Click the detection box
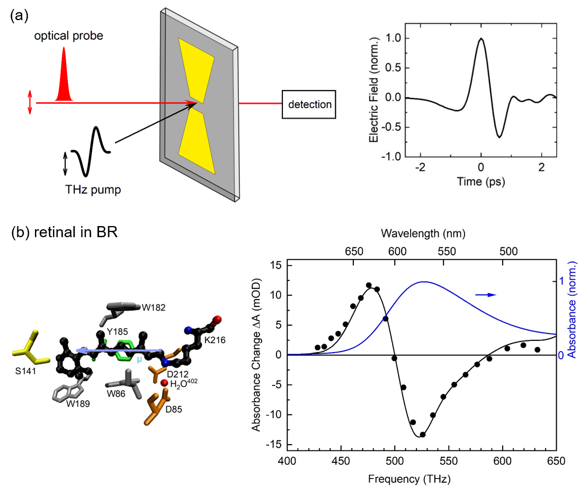[309, 103]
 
